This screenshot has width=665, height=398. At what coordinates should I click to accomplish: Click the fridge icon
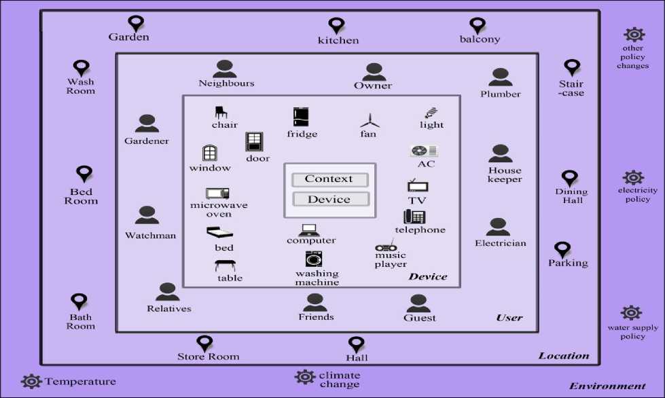(x=302, y=117)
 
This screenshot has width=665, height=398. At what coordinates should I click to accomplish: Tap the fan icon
(x=368, y=121)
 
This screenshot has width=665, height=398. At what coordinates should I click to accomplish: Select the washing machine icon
(x=314, y=259)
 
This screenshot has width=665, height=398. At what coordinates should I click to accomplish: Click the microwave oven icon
(x=217, y=194)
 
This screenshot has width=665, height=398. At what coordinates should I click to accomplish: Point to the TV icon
(x=417, y=186)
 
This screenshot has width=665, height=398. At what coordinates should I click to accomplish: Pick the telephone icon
(x=414, y=217)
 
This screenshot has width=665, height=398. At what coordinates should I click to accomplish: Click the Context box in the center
(x=329, y=179)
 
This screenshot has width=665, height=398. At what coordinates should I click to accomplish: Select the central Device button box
(x=329, y=200)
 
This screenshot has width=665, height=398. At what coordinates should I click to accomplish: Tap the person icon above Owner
(x=374, y=71)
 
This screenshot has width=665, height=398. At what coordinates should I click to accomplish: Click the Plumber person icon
(x=500, y=77)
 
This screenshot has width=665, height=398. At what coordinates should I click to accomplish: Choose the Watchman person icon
(x=147, y=216)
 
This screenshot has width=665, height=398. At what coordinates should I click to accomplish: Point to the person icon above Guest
(x=418, y=303)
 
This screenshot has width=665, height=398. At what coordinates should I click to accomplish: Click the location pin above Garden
(x=137, y=24)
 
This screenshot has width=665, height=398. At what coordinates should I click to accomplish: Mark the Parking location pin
(x=562, y=250)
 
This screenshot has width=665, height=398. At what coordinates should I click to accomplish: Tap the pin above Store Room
(x=204, y=344)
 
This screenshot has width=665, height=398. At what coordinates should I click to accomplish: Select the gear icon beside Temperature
(x=31, y=382)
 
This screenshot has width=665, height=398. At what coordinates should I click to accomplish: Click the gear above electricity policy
(x=633, y=178)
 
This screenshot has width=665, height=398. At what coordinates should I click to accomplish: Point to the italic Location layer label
(x=564, y=356)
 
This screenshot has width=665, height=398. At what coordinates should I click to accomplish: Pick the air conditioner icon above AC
(x=424, y=151)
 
